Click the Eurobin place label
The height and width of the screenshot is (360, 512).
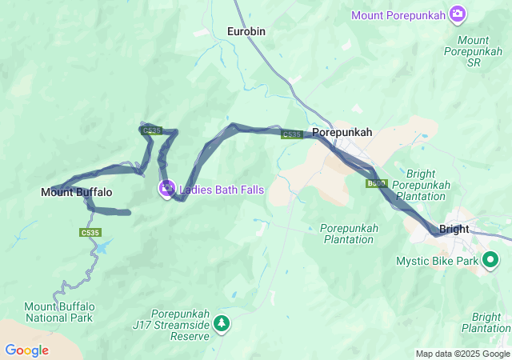point(246,31)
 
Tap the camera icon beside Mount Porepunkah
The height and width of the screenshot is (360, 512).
point(458,13)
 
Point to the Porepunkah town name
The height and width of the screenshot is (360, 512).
point(342,132)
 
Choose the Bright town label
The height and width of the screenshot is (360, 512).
point(454,229)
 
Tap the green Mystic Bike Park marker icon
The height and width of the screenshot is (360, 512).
point(490,260)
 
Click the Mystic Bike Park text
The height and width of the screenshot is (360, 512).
point(437,261)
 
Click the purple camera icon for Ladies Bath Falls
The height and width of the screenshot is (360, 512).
point(166,190)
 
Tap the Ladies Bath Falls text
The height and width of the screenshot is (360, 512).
point(222,190)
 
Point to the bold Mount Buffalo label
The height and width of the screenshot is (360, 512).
point(77,192)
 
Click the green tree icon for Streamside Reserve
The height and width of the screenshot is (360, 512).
point(222,323)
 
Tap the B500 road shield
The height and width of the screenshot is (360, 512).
point(376,184)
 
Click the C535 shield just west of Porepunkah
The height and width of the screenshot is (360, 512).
point(292,134)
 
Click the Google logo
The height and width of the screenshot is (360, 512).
point(26,350)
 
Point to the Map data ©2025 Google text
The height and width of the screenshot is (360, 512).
point(462,354)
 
